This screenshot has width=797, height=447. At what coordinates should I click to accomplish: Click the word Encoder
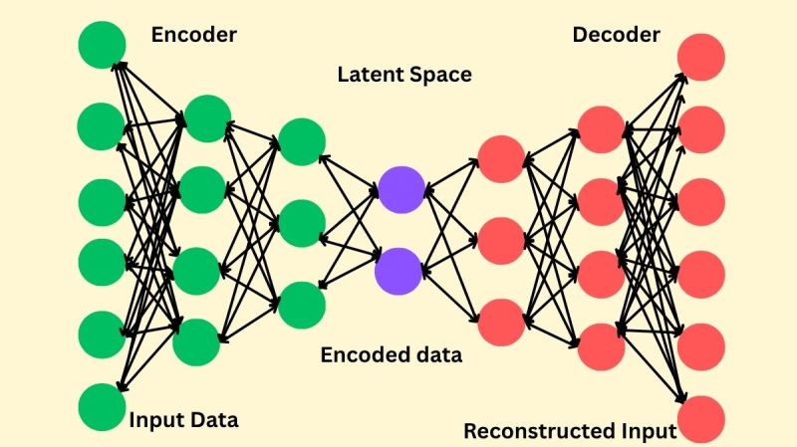point(193,35)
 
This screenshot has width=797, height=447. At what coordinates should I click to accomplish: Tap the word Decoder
point(616,35)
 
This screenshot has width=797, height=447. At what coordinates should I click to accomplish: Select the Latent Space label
point(403,75)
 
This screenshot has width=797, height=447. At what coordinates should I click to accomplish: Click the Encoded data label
point(391,354)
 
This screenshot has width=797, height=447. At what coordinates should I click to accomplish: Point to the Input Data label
point(183,419)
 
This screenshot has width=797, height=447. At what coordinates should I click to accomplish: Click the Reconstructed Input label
point(570,431)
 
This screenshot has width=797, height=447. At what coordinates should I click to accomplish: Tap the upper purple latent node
point(401,189)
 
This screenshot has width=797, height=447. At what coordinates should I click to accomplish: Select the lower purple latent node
point(399,269)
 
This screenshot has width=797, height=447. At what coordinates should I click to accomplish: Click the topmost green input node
point(102,46)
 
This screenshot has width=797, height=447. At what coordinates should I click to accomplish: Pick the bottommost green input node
point(102,407)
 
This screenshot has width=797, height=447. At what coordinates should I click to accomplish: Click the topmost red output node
point(700,56)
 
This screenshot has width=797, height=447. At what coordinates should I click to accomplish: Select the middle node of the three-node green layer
point(302,224)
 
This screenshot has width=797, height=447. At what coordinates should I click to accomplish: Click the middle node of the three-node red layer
point(501,239)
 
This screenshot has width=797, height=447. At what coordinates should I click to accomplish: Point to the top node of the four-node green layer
point(208,118)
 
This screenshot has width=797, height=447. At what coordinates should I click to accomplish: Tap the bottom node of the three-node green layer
point(302,305)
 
